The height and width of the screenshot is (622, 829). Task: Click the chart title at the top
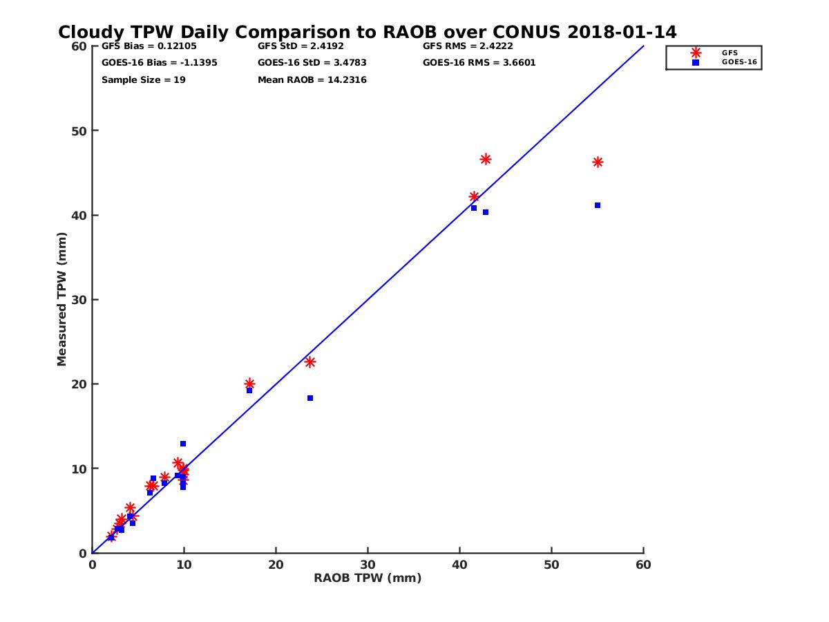point(367,32)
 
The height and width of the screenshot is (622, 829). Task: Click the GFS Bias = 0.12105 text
point(144,46)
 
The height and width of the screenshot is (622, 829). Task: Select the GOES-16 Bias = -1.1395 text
point(159,63)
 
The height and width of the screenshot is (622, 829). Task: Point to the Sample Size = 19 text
point(143,80)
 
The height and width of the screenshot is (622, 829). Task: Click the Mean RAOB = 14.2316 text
point(312,80)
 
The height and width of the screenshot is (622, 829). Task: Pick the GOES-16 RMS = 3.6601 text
point(479,63)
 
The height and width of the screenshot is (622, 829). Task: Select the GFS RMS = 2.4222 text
point(468,46)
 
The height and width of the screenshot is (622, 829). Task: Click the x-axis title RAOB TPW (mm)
point(368,578)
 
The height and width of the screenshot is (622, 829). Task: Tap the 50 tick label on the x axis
point(551,565)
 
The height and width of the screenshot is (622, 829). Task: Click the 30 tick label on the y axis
point(79,300)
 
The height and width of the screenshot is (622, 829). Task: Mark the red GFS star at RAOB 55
point(598,162)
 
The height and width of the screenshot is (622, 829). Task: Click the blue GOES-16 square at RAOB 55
point(598,205)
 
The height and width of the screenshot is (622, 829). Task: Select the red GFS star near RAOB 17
point(249,384)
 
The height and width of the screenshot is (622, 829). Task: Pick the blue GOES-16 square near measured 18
point(310,398)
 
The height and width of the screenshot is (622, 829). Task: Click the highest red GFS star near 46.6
point(486,159)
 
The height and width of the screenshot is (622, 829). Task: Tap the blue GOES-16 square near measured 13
point(183,444)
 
